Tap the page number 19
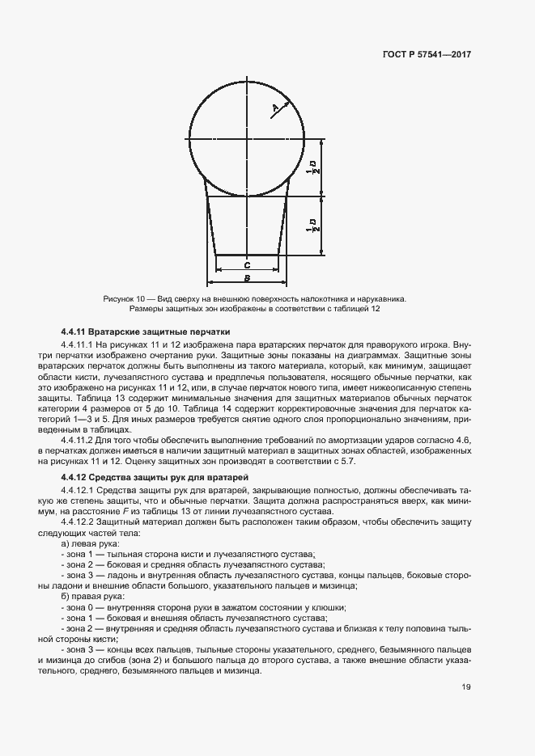pyautogui.click(x=466, y=688)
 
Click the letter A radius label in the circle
pyautogui.click(x=274, y=108)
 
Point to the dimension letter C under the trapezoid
pyautogui.click(x=247, y=264)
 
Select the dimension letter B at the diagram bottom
pyautogui.click(x=247, y=277)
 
